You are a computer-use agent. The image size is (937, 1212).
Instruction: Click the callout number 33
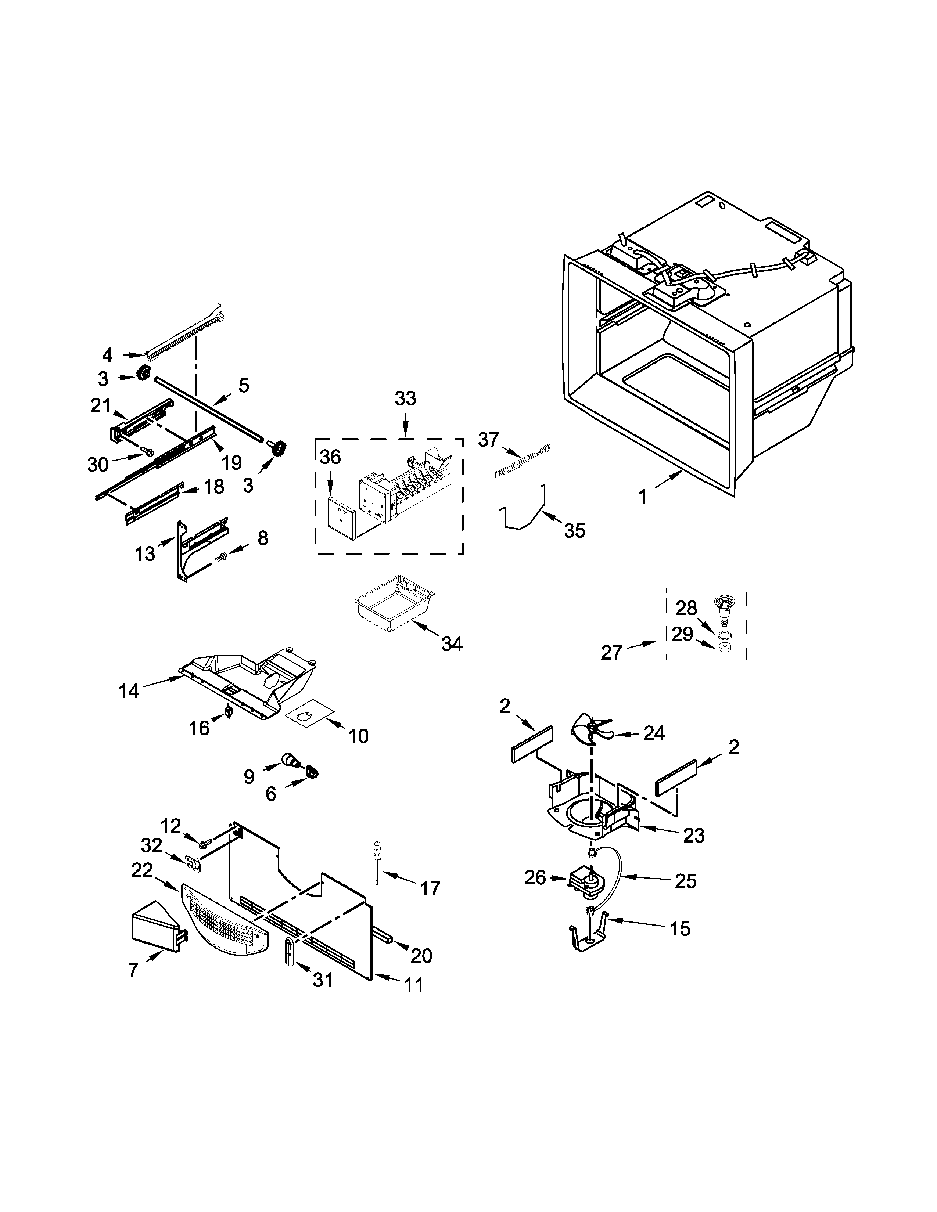(405, 398)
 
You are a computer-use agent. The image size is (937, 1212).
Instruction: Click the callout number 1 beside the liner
(642, 496)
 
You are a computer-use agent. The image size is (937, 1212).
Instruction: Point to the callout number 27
(611, 652)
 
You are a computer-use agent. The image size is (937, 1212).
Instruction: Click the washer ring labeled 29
(723, 647)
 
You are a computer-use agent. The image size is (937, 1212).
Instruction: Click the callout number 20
(421, 955)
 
